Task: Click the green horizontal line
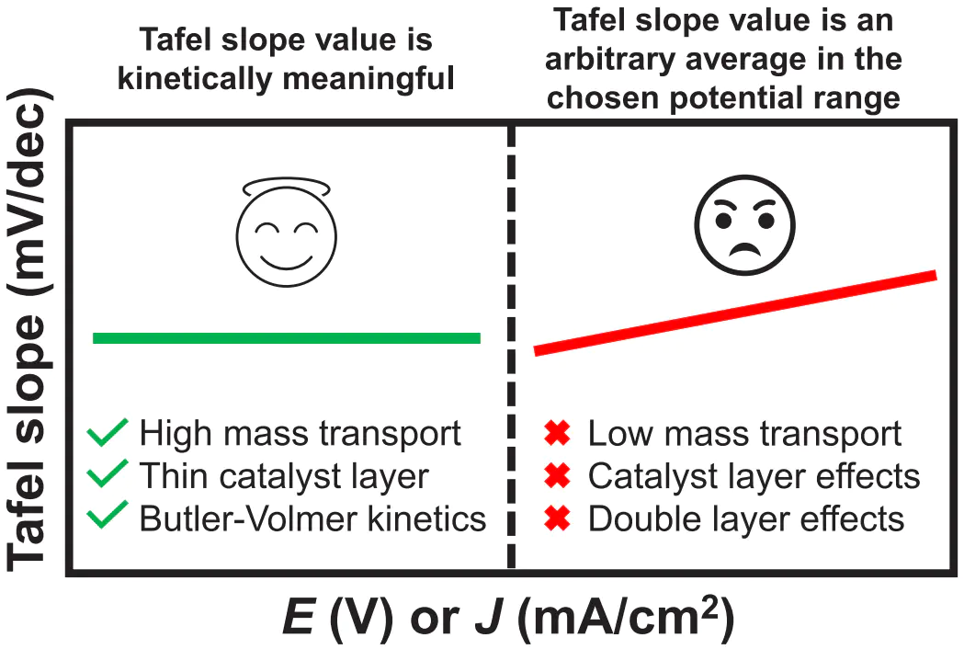[287, 337]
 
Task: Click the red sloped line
[735, 313]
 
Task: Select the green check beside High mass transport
[108, 433]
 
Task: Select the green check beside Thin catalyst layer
[108, 476]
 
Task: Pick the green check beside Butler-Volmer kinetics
[108, 519]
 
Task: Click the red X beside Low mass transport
[557, 433]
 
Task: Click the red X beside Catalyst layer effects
[557, 476]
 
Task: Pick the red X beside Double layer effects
[557, 519]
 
